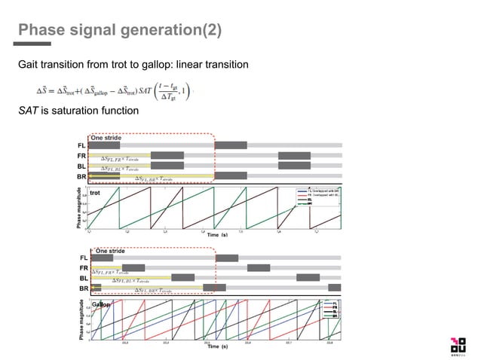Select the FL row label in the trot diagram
click(x=81, y=145)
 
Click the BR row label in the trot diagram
click(x=81, y=178)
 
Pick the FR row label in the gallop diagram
click(x=84, y=268)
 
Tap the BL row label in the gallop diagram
click(x=84, y=278)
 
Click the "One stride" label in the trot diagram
click(x=106, y=138)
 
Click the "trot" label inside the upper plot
click(x=96, y=194)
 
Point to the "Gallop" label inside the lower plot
click(x=101, y=304)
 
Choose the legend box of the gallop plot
click(x=329, y=310)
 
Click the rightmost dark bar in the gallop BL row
click(x=308, y=278)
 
